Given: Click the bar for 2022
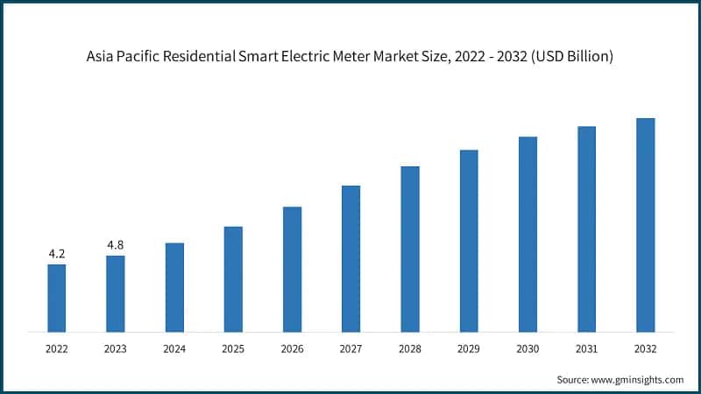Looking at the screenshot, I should [57, 298].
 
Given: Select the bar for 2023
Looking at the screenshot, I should [116, 293].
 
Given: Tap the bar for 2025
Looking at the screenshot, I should [233, 279].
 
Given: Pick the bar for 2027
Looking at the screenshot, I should [350, 258].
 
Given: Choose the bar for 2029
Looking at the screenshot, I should [469, 241].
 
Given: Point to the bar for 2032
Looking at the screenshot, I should [645, 225].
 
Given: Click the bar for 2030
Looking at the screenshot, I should [528, 234].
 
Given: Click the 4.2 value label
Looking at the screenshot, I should [57, 254].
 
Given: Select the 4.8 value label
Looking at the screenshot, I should [116, 245].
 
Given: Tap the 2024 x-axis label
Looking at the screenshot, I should [174, 348].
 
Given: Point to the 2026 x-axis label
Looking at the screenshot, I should [292, 348].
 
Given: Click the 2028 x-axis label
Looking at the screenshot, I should [410, 348].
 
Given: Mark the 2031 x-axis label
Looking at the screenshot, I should [586, 348].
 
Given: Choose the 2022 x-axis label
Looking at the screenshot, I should [57, 348].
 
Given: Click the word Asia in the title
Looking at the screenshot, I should [101, 56].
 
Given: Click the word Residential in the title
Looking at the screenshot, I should [208, 56].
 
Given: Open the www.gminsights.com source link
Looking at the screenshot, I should [636, 379].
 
